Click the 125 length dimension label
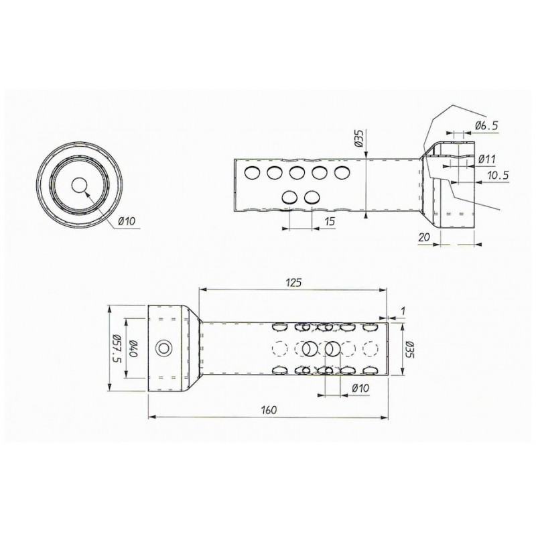(293, 282)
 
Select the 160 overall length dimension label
(269, 409)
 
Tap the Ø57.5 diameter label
(116, 348)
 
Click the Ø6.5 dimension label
(486, 126)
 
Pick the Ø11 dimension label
(487, 159)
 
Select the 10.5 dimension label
(498, 176)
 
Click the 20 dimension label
(424, 237)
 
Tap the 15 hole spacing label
(330, 221)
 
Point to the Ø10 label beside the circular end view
(127, 221)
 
